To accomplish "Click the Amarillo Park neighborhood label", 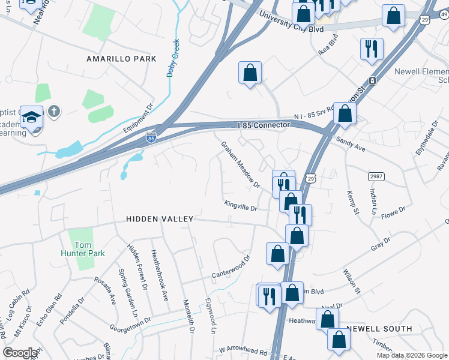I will (121, 59).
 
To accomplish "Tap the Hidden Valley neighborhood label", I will (160, 220).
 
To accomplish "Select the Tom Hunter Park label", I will (89, 249).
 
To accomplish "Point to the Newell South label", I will (379, 329).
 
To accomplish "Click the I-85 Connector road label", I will (263, 125).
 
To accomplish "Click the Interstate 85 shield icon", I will (151, 139).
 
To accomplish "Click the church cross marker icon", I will (53, 112).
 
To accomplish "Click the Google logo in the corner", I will (20, 353).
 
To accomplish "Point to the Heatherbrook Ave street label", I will (158, 275).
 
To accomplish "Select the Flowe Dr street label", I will (394, 212).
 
